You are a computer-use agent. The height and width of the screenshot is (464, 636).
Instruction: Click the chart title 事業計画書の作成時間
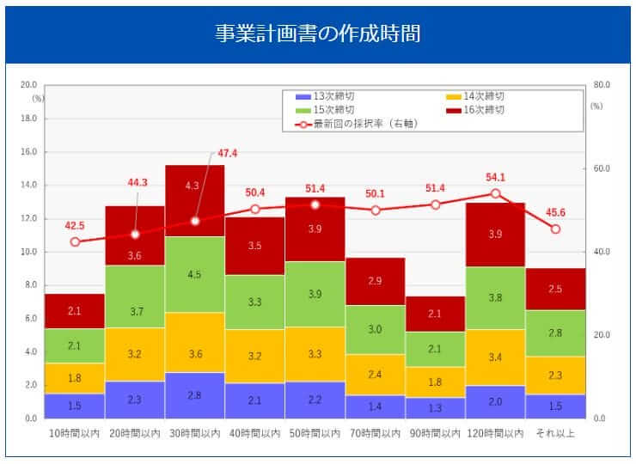coord(317,34)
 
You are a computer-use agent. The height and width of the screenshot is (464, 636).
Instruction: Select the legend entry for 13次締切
coord(332,96)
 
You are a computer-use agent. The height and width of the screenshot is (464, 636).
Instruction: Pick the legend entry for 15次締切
coord(332,110)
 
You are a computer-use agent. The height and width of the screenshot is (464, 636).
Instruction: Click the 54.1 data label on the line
coord(495,177)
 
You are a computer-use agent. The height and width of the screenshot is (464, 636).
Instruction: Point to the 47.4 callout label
coord(228,153)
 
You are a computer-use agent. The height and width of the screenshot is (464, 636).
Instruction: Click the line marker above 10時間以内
coord(75,241)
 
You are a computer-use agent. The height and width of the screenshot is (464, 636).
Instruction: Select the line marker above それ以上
coord(555,229)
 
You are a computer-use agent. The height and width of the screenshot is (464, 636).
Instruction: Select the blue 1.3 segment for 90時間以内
coord(435,407)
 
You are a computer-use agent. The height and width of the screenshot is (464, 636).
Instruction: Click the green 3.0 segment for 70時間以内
coord(375,329)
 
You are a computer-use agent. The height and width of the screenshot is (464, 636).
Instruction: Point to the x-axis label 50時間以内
coord(315,433)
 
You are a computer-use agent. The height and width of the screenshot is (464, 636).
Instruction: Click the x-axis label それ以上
coord(555,433)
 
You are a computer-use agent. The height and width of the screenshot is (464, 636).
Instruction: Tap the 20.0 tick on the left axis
coord(28,85)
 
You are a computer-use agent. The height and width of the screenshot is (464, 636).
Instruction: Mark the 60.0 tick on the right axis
coord(602,168)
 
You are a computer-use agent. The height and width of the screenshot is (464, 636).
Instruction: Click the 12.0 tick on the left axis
coord(28,218)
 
